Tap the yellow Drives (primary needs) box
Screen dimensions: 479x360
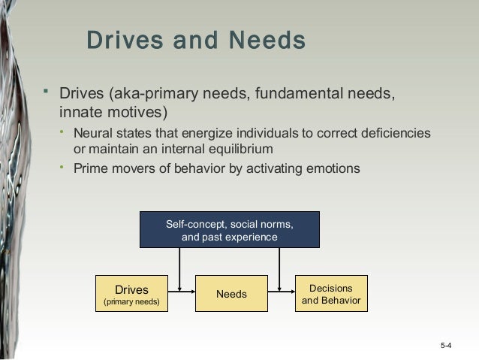[x=131, y=294]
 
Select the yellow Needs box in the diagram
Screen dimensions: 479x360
[x=231, y=294]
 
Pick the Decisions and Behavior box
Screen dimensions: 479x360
[x=330, y=294]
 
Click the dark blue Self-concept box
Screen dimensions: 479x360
[x=230, y=230]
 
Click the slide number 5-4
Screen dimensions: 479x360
[x=446, y=345]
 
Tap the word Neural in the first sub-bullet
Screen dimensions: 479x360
[x=92, y=133]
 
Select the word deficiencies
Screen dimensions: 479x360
[x=390, y=133]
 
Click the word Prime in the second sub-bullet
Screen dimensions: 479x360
[x=89, y=168]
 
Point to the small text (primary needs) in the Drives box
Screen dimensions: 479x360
[x=131, y=303]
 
